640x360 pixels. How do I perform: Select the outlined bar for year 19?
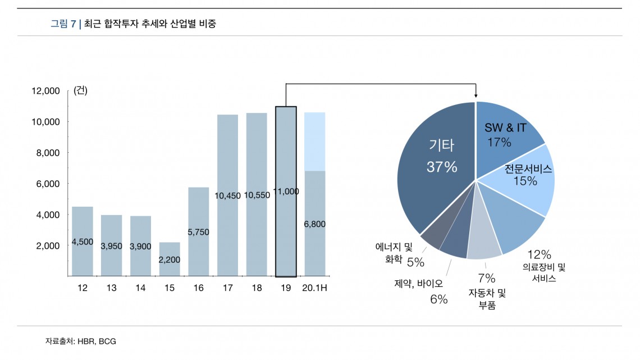point(286,225)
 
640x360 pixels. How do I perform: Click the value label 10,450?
point(227,196)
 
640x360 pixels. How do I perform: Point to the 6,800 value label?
point(314,224)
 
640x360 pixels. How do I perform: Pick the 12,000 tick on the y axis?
point(47,91)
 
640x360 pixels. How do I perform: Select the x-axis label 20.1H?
point(314,288)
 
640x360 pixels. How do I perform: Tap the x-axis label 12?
point(83,288)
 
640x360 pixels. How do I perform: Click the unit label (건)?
point(80,91)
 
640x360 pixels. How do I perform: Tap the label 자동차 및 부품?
point(487,299)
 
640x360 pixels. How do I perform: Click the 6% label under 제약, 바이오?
point(438,299)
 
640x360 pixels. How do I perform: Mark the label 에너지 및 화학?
point(394,252)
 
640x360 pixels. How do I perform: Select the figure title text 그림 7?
point(63,24)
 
